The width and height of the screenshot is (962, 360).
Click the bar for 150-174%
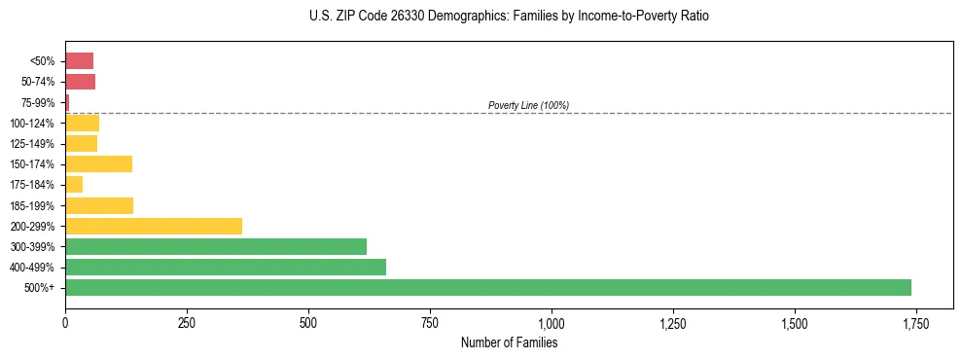[98, 163]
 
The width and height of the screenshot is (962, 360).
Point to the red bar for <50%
[79, 60]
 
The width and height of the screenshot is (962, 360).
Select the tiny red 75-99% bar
[67, 102]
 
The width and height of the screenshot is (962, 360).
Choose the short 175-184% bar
[74, 184]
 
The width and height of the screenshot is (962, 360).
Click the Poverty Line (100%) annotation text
[528, 105]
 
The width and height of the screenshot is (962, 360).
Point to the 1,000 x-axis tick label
[552, 323]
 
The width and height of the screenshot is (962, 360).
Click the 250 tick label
[187, 323]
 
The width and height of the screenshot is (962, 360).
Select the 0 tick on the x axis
[65, 323]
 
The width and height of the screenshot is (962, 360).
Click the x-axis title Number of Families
[509, 342]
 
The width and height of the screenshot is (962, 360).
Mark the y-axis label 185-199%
[32, 205]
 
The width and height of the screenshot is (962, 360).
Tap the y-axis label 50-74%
[37, 82]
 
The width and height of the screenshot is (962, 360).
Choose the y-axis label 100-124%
[32, 123]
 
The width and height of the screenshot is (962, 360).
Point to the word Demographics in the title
[444, 17]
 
